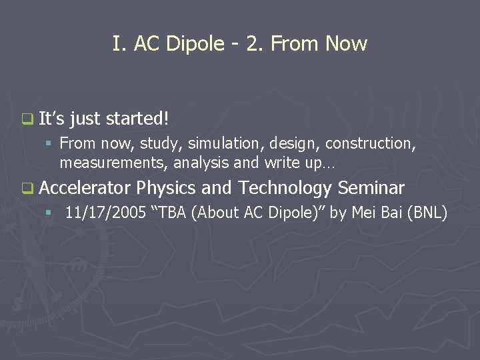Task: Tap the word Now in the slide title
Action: [346, 44]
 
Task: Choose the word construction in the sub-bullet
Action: [375, 143]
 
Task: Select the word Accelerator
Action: [85, 188]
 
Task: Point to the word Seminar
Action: [371, 188]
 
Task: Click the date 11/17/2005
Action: [102, 213]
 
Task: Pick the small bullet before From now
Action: [48, 143]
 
